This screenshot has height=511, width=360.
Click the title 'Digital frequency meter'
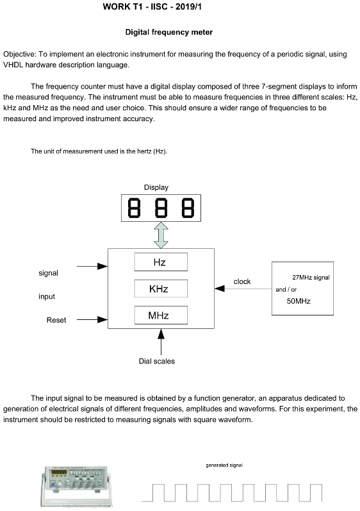tap(169, 32)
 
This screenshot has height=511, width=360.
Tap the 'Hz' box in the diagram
tap(161, 262)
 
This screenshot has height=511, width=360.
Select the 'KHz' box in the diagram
tap(161, 289)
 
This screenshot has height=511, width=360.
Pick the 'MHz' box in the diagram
tap(161, 315)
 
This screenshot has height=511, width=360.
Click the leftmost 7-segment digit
tap(134, 208)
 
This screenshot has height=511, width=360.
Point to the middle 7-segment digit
tap(161, 208)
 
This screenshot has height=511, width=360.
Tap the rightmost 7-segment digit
tap(188, 208)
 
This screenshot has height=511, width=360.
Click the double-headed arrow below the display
tap(161, 235)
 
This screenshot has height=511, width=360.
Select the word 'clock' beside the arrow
tap(242, 281)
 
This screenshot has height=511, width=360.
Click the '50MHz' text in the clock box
tap(299, 301)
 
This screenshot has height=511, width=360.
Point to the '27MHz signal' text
tap(311, 278)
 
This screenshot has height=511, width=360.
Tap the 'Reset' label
tap(56, 320)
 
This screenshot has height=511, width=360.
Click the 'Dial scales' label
tap(156, 361)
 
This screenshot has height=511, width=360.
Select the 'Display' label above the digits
tap(156, 187)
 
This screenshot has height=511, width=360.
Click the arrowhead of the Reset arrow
tap(103, 320)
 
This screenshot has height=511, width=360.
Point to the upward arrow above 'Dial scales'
tap(161, 342)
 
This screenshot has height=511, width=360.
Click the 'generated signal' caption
tap(224, 465)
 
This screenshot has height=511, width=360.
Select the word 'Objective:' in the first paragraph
tap(19, 54)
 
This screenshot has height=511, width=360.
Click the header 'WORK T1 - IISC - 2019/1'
tap(152, 6)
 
